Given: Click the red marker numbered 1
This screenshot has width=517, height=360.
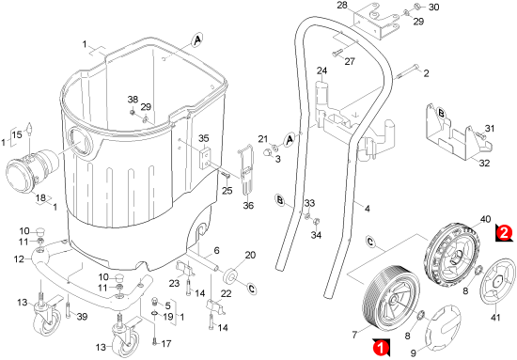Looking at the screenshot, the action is click(x=381, y=347).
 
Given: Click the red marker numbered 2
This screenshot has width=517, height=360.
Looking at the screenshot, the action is click(x=505, y=233).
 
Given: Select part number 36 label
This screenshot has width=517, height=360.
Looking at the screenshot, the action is click(x=248, y=206).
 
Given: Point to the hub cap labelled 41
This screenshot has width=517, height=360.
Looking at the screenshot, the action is click(x=497, y=281).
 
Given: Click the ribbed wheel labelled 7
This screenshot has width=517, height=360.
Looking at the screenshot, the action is click(x=391, y=300).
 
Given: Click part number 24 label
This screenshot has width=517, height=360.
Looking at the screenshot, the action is click(x=321, y=70).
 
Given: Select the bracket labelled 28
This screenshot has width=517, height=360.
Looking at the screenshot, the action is click(x=377, y=21).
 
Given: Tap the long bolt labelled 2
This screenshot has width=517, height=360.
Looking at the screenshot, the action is click(x=406, y=71).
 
